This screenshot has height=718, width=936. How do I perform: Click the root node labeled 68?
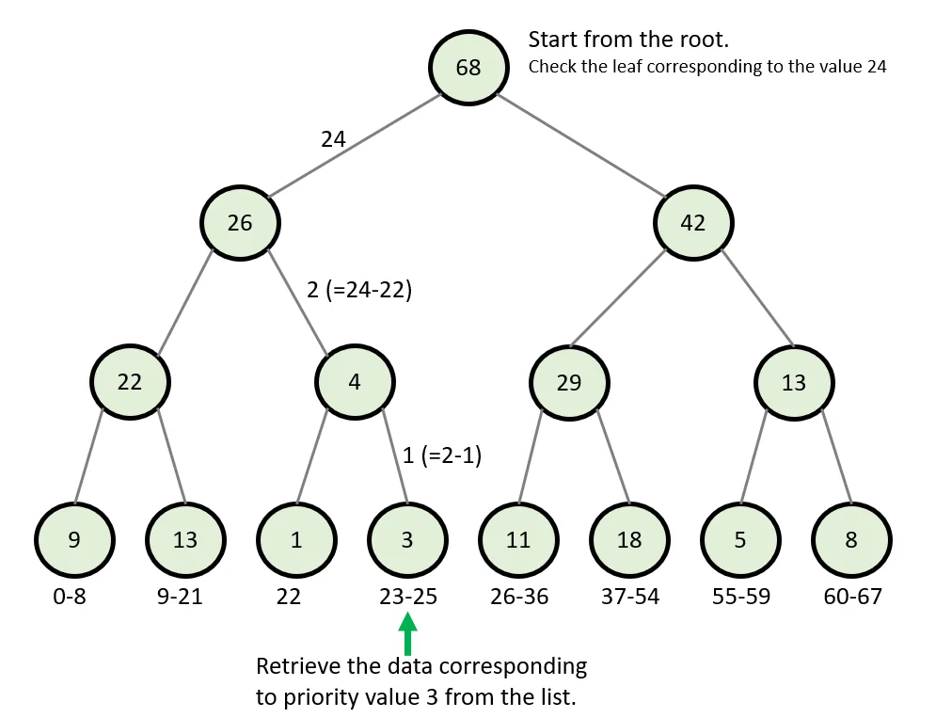(468, 68)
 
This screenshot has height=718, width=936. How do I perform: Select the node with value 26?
(240, 223)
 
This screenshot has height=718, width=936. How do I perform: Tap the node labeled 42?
(693, 223)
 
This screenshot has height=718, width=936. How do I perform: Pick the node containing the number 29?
(568, 383)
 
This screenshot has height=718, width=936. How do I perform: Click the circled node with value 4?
(356, 383)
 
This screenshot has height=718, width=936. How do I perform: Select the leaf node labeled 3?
(406, 540)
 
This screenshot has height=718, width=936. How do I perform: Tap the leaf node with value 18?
(628, 540)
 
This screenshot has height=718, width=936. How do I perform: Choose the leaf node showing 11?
(517, 540)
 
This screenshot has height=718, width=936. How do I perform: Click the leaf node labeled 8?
(851, 540)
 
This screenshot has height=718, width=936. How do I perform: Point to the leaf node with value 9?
(74, 540)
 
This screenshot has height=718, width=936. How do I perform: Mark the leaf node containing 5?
(739, 540)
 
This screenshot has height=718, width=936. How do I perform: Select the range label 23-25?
(406, 597)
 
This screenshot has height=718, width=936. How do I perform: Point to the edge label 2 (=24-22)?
(359, 290)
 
